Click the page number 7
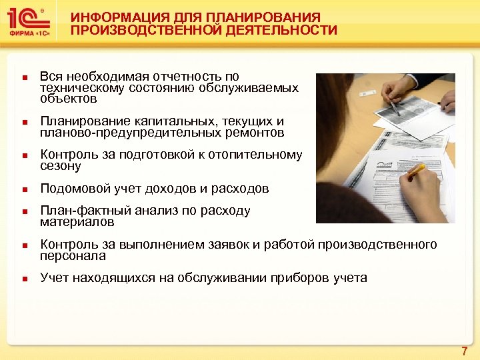pyautogui.click(x=464, y=351)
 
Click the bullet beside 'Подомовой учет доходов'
pyautogui.click(x=23, y=189)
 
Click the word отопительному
pyautogui.click(x=258, y=155)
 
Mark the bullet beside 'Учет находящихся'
pyautogui.click(x=23, y=279)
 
